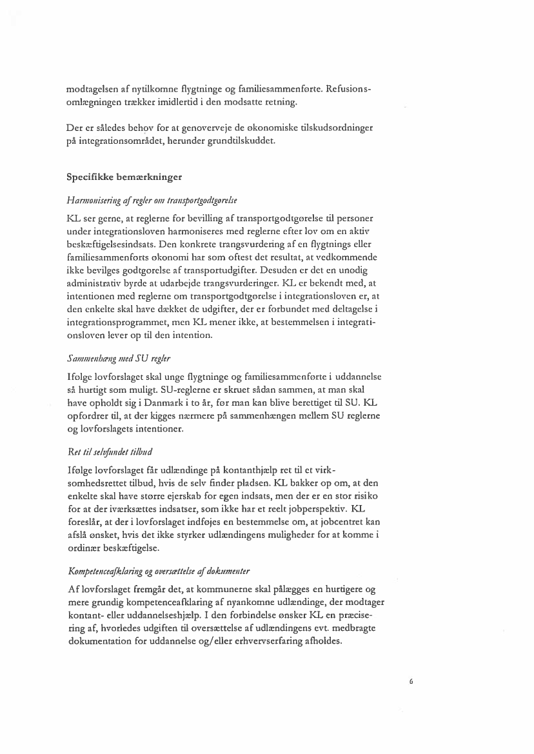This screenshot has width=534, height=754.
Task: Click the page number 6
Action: [411, 680]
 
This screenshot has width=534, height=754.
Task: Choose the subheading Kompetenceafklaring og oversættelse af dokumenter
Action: [159, 571]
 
